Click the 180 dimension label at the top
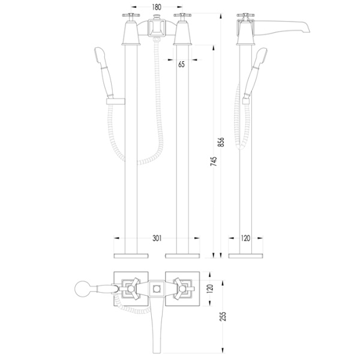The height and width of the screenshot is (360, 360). click(157, 7)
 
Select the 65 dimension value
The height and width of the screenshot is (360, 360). click(181, 65)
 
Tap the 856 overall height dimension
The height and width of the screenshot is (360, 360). click(221, 142)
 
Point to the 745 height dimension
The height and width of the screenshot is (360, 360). click(214, 161)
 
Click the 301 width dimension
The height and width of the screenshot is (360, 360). click(157, 238)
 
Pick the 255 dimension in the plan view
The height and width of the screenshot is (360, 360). click(223, 316)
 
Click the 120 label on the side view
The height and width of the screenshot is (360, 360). click(245, 238)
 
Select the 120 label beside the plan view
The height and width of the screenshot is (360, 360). click(210, 289)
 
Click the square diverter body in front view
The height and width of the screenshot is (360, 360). click(157, 28)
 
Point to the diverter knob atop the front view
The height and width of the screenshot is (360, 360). click(157, 17)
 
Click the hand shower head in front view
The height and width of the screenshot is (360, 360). click(99, 55)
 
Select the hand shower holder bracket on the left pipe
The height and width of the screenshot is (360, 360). click(115, 101)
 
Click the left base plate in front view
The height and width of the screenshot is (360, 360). click(131, 256)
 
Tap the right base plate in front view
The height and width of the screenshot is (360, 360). click(182, 256)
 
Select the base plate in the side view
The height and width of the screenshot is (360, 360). click(245, 256)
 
